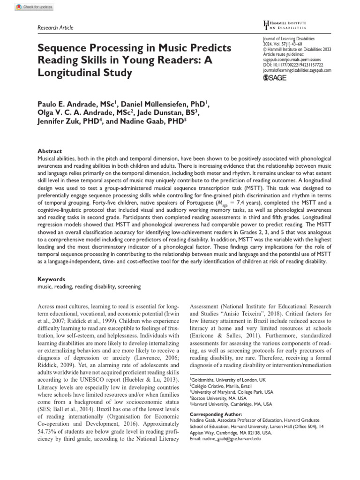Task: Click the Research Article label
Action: (x=55, y=28)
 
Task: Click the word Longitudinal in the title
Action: (x=65, y=73)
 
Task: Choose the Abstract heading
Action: (x=49, y=151)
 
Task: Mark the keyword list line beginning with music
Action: (x=89, y=286)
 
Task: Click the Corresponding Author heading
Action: (x=216, y=414)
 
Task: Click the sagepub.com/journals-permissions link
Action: (x=293, y=60)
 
